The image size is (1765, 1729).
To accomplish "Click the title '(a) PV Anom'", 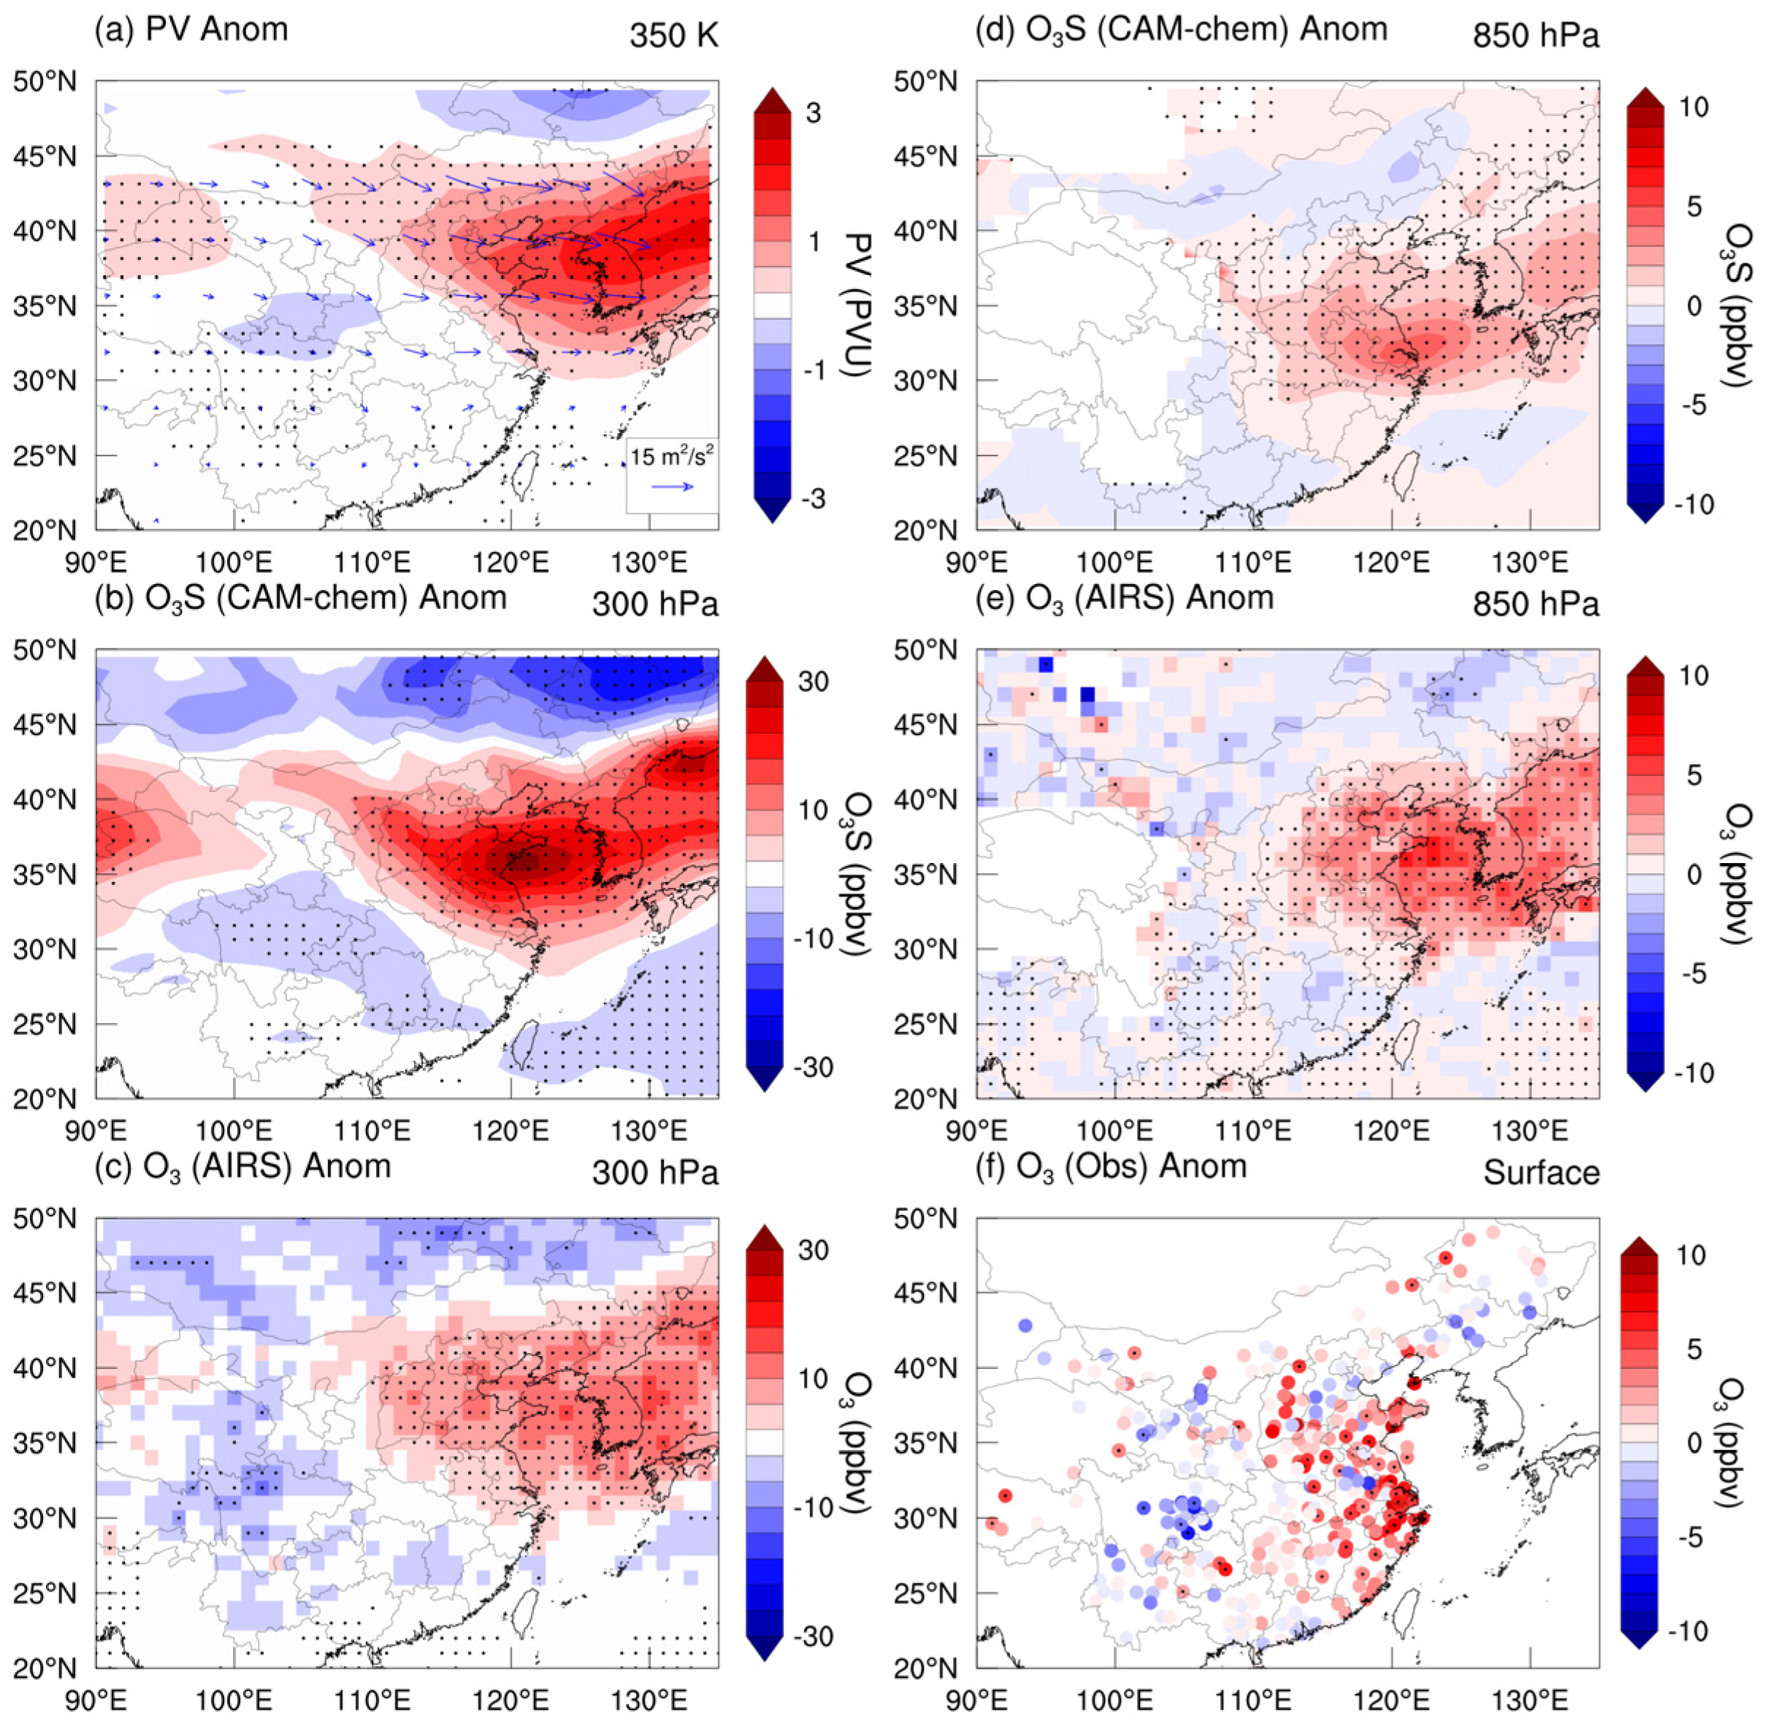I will click(191, 29).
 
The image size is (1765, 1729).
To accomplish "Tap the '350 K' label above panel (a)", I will click(673, 37).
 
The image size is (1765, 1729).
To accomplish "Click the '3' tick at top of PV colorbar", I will click(813, 112).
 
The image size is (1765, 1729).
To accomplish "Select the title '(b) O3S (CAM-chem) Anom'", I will click(300, 599).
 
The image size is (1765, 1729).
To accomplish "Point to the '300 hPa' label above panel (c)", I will click(654, 1173).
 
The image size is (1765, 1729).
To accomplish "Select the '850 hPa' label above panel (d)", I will click(1535, 37).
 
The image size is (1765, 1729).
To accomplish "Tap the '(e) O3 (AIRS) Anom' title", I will click(1124, 599).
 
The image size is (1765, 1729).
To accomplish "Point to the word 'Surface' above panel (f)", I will click(1541, 1173).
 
